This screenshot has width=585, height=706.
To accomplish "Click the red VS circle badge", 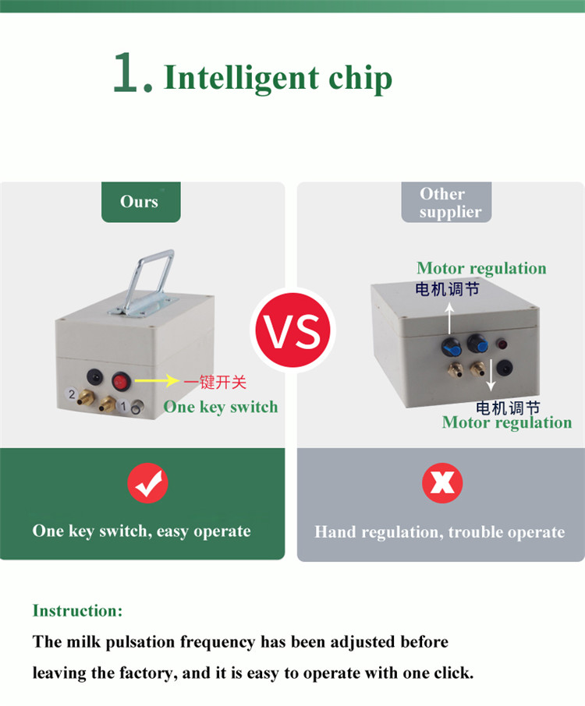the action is coord(293,330).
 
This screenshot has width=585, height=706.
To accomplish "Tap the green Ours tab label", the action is coord(140,202).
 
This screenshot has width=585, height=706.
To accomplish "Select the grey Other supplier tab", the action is coord(446,202).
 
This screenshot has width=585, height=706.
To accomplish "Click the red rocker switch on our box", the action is coord(120,382).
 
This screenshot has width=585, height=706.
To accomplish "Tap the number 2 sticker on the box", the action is coord(72,394).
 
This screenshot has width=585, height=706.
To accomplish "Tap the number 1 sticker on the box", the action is coord(123,406).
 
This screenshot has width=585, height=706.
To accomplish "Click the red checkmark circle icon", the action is coord(148,483).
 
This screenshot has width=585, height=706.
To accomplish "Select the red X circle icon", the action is coord(442,483).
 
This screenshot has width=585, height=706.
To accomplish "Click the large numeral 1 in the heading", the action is coord(126,72).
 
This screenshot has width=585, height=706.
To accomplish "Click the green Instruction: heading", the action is coord(77,611).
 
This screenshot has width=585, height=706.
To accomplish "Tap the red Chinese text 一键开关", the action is coord(214,382).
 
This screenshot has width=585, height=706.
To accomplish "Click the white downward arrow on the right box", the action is coord(491,375).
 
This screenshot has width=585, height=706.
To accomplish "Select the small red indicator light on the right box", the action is coord(502,345).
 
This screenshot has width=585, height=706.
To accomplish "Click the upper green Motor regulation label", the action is coord(481,268).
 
